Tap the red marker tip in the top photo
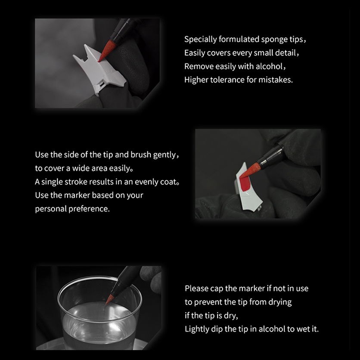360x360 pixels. [x=107, y=50]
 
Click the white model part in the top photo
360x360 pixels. [x=99, y=69]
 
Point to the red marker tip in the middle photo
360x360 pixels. [x=250, y=170]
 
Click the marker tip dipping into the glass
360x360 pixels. [x=110, y=299]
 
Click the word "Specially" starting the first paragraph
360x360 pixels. [x=200, y=40]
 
